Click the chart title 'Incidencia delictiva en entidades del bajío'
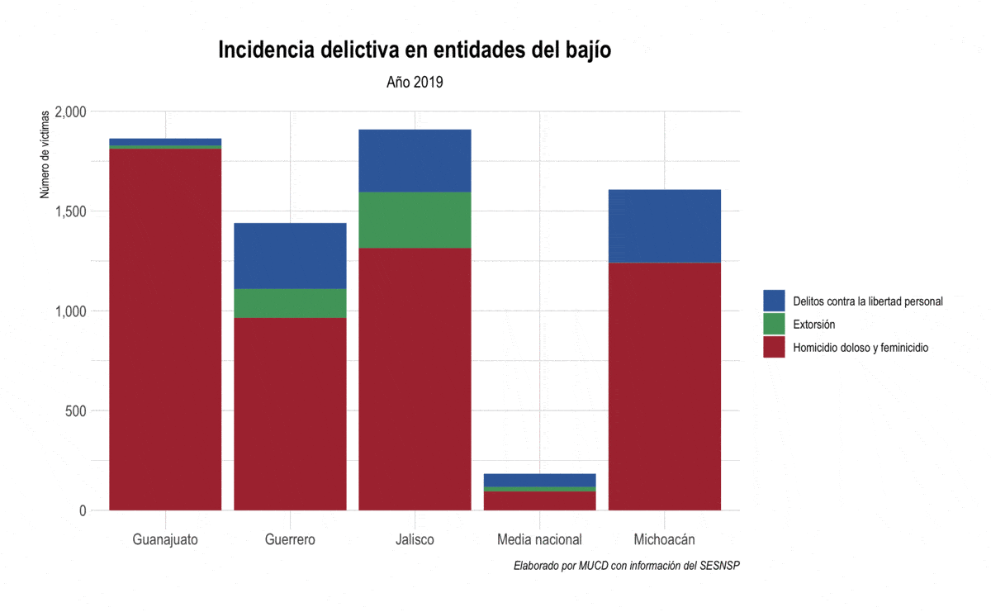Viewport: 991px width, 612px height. [x=415, y=50]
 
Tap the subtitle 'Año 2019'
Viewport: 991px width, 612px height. [x=415, y=82]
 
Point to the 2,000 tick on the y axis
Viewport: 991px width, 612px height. [x=69, y=111]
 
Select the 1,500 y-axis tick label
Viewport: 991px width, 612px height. [x=69, y=211]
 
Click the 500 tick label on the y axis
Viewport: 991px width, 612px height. [x=76, y=410]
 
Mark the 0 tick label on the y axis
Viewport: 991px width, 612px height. [x=83, y=510]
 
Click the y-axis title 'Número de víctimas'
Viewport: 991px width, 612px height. [x=46, y=154]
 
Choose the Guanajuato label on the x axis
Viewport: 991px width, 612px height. [x=165, y=539]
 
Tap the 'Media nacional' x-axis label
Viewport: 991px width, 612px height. [x=539, y=539]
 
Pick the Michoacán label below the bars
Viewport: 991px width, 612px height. [x=664, y=539]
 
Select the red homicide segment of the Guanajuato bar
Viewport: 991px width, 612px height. [x=165, y=330]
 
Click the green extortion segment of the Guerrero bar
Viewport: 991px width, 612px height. [x=290, y=303]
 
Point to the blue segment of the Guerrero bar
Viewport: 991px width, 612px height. [x=290, y=256]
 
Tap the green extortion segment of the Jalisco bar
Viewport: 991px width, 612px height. [x=415, y=220]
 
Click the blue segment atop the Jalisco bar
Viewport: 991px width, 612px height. [x=415, y=161]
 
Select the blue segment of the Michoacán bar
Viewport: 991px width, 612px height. [x=664, y=225]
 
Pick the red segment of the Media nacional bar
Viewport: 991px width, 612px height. [x=539, y=501]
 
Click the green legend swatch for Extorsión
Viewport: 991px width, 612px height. [x=774, y=324]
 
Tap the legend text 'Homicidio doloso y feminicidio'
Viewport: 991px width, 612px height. [x=861, y=348]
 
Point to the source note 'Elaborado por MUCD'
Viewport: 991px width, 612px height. [x=626, y=566]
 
